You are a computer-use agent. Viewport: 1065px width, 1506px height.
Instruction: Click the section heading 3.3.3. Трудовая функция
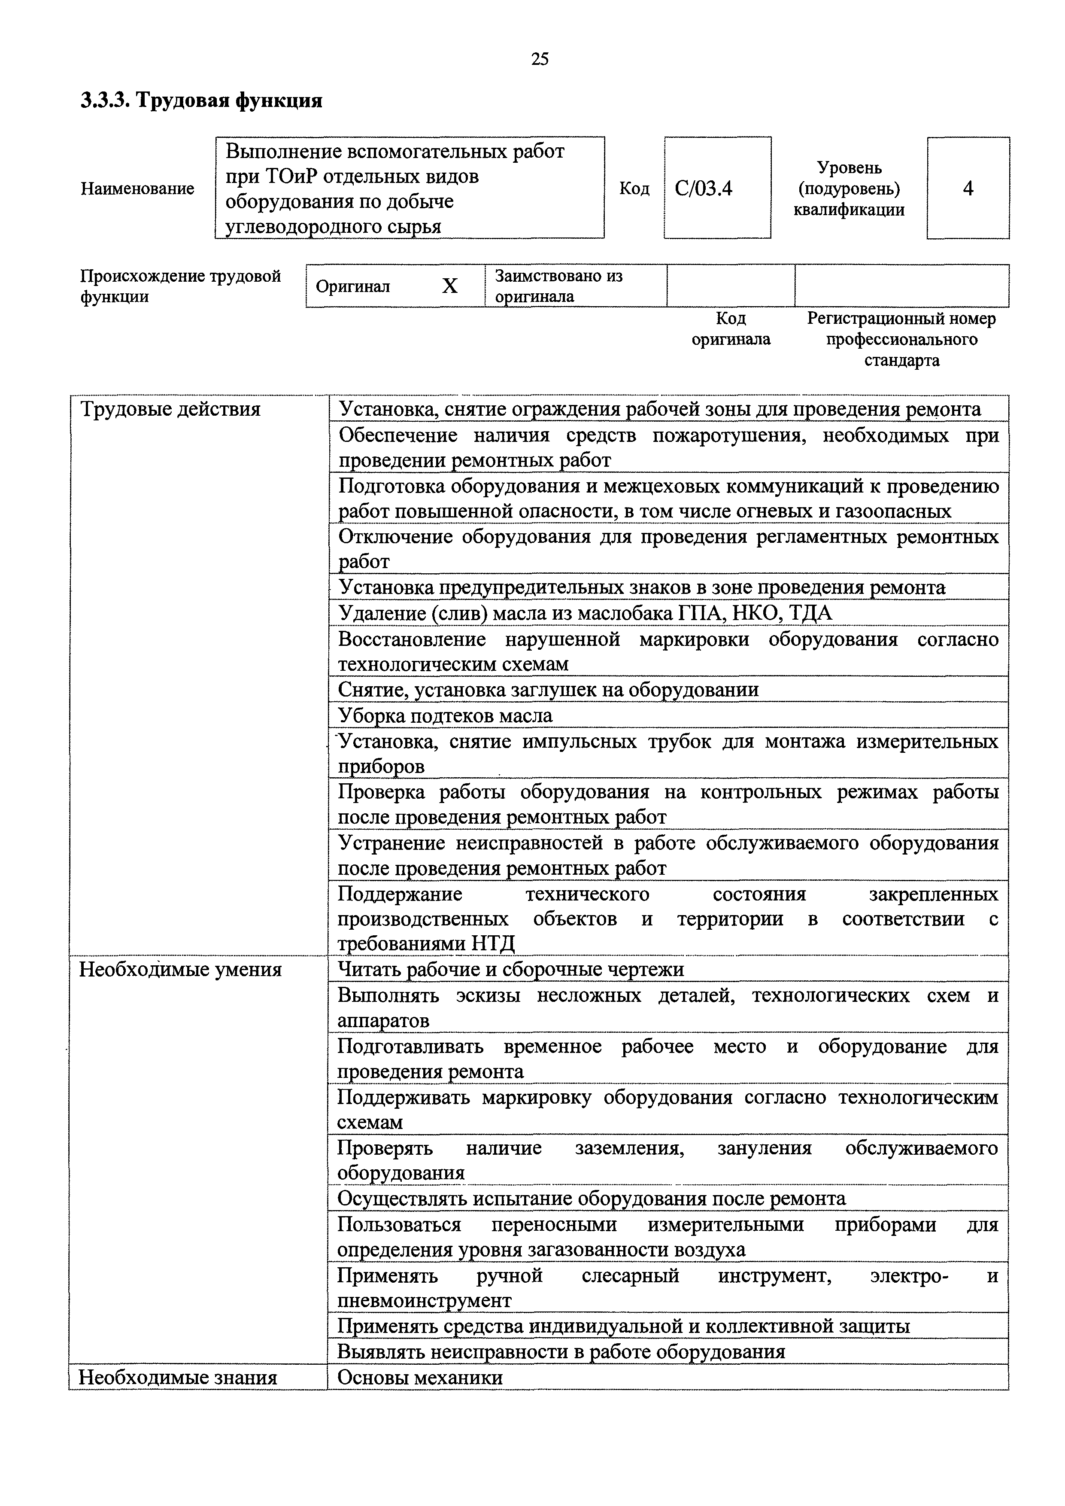(x=201, y=101)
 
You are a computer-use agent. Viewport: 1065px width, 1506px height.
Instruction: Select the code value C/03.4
(x=704, y=189)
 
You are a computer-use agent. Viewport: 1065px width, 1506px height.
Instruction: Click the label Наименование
(x=138, y=189)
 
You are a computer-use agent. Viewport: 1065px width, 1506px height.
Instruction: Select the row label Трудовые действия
(x=170, y=409)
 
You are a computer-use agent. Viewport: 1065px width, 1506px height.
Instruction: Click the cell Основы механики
(x=420, y=1378)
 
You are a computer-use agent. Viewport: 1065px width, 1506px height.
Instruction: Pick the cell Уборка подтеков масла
(x=445, y=715)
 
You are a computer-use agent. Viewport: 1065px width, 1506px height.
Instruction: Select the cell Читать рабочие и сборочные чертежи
(x=510, y=970)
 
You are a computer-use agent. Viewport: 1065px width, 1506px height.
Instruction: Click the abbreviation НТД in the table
(x=492, y=944)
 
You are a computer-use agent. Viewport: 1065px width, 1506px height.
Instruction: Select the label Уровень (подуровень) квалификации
(x=849, y=189)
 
